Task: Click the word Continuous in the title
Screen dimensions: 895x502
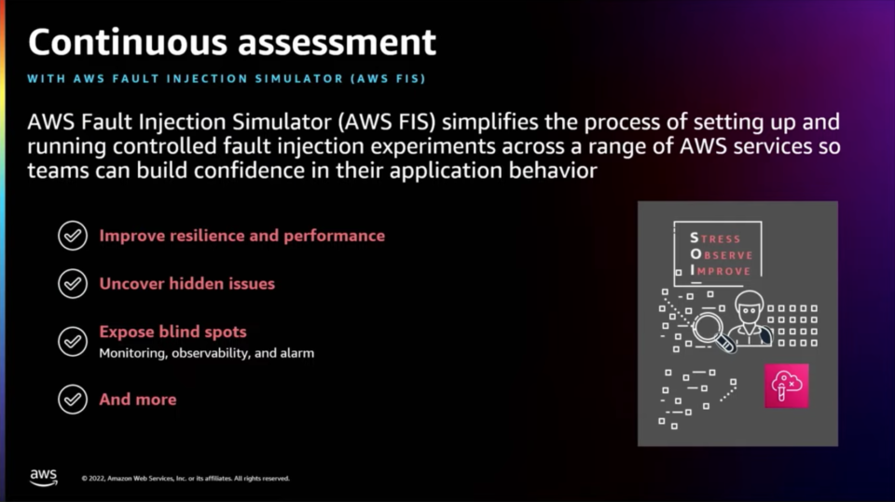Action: [128, 42]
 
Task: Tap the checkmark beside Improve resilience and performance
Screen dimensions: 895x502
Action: [73, 236]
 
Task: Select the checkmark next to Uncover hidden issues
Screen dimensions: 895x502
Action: [73, 283]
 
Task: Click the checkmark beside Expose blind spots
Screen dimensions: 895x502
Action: [73, 341]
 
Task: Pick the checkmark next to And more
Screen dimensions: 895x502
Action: [73, 399]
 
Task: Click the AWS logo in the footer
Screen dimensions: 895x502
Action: [44, 478]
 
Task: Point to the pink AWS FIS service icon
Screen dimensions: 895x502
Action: [787, 386]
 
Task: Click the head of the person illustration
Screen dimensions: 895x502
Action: [749, 308]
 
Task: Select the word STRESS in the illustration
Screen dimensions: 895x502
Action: [715, 238]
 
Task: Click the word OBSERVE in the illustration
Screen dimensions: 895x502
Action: [722, 254]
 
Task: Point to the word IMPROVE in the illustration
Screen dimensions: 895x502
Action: [721, 271]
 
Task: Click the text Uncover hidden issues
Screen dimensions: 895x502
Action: [187, 283]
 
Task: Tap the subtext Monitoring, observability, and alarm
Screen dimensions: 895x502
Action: [207, 353]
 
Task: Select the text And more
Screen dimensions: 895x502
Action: [138, 400]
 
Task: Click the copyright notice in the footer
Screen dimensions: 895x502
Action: [186, 479]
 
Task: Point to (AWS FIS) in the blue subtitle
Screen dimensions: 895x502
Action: [388, 79]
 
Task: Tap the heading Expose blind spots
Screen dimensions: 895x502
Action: [173, 332]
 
